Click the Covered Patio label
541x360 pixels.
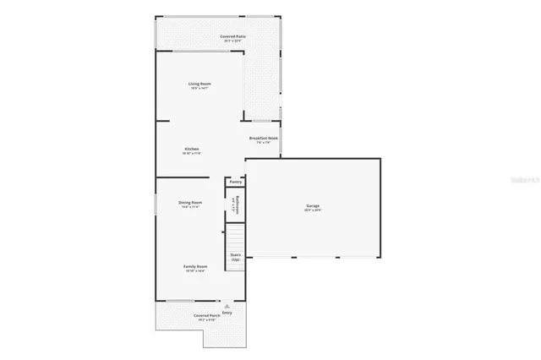click(x=233, y=36)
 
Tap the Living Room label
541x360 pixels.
click(x=199, y=84)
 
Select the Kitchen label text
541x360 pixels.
click(x=192, y=149)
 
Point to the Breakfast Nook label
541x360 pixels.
click(x=264, y=138)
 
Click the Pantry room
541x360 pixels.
click(x=235, y=181)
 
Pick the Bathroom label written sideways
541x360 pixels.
click(x=238, y=205)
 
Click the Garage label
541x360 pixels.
click(x=313, y=205)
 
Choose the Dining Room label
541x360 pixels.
click(x=190, y=202)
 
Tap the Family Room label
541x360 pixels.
click(x=196, y=266)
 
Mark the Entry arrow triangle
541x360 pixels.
click(x=226, y=305)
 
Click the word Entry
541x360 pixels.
click(x=227, y=313)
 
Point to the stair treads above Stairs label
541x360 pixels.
click(x=235, y=236)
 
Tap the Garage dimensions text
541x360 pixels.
click(x=313, y=210)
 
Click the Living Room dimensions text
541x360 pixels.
click(x=199, y=89)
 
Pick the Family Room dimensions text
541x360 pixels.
click(x=196, y=271)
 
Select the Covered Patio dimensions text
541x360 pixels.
click(x=233, y=41)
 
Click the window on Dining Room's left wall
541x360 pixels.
click(x=155, y=205)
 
